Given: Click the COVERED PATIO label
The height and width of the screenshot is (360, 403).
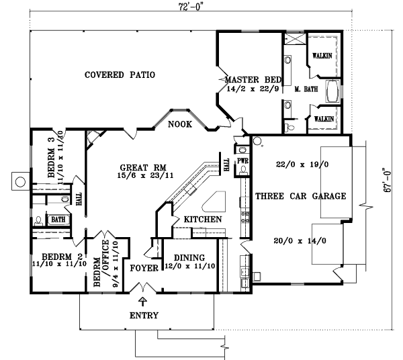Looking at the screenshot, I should point(120,75).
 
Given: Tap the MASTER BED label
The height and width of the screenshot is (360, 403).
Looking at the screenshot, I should point(247,78).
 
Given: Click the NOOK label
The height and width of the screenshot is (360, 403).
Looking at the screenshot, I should point(180,124).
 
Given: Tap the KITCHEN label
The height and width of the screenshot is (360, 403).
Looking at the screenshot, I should point(202,220).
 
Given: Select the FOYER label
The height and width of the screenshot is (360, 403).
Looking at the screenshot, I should point(144,268).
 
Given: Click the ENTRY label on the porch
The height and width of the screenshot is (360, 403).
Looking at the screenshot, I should point(143,316).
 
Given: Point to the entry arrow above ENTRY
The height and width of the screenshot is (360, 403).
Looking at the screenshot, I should point(142,303).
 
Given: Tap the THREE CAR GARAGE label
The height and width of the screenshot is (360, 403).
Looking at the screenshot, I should point(300,196).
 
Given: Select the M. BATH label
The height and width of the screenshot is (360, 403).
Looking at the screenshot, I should point(306,89).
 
